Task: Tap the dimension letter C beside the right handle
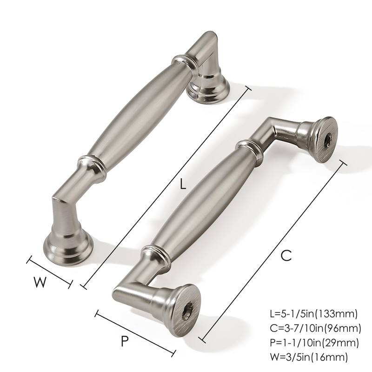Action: [x=286, y=255]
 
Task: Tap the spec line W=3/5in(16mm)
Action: [x=309, y=357]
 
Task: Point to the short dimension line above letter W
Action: [x=50, y=271]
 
